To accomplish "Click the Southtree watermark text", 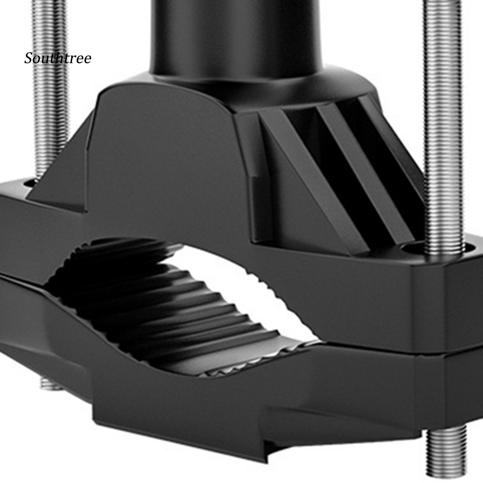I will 58,58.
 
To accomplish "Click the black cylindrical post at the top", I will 236,33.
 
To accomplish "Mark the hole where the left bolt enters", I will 29,182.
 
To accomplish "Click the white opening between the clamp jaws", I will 245,283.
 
